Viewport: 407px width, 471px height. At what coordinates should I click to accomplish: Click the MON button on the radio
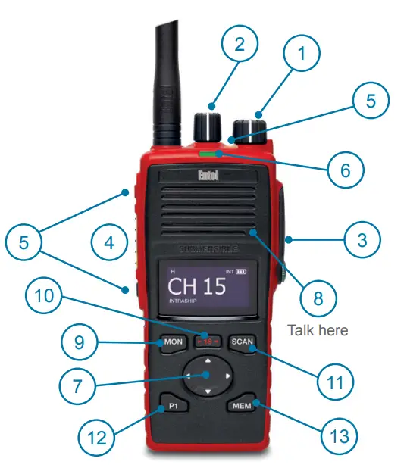click(174, 342)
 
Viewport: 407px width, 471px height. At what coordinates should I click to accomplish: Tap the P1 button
click(174, 406)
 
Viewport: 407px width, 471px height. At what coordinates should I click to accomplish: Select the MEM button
click(240, 406)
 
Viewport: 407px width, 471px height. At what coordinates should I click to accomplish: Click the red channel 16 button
click(207, 341)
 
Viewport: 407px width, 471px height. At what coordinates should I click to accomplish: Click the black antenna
click(168, 83)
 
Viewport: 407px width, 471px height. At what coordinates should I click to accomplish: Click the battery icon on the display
click(242, 270)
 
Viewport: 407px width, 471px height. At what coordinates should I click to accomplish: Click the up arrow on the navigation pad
click(208, 360)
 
